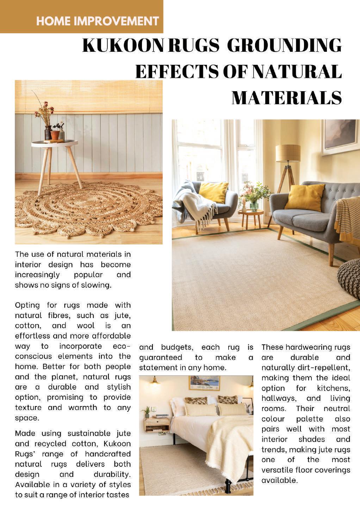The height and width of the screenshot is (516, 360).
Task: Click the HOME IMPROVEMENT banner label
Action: (97, 21)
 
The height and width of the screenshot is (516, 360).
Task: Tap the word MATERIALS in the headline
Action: (286, 98)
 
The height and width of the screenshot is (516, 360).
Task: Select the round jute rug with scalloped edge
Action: (88, 211)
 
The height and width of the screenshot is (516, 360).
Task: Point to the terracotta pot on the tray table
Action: (55, 135)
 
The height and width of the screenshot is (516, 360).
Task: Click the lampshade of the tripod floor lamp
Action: (288, 153)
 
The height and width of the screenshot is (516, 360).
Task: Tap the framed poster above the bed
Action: (204, 383)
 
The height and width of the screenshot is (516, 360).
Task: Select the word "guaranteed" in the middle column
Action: (161, 358)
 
